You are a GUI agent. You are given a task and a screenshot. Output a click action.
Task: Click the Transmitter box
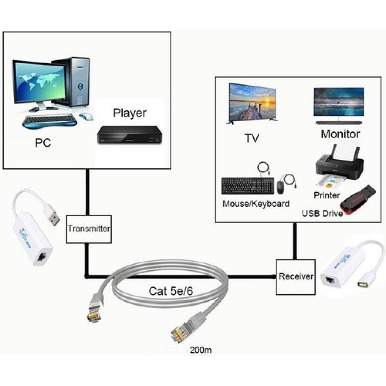pyautogui.click(x=89, y=229)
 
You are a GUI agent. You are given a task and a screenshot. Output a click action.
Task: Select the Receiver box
pyautogui.click(x=296, y=277)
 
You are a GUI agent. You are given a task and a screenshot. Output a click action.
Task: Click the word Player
pyautogui.click(x=130, y=113)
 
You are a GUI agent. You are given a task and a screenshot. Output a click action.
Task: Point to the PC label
pyautogui.click(x=43, y=143)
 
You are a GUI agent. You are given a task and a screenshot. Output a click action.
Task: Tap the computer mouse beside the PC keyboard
pyautogui.click(x=86, y=116)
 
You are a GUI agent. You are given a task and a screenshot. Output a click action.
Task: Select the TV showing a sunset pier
pyautogui.click(x=252, y=103)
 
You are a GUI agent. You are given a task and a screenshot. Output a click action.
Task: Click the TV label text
pyautogui.click(x=252, y=138)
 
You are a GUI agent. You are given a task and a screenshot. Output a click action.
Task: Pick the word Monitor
pyautogui.click(x=340, y=134)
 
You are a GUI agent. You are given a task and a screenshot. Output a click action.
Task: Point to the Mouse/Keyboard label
pyautogui.click(x=256, y=204)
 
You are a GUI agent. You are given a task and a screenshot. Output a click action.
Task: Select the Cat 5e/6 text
pyautogui.click(x=171, y=291)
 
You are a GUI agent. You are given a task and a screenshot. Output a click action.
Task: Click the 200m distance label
pyautogui.click(x=201, y=350)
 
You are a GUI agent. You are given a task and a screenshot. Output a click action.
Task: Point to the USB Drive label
pyautogui.click(x=322, y=214)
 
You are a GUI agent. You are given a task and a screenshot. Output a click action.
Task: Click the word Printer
pyautogui.click(x=326, y=195)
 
